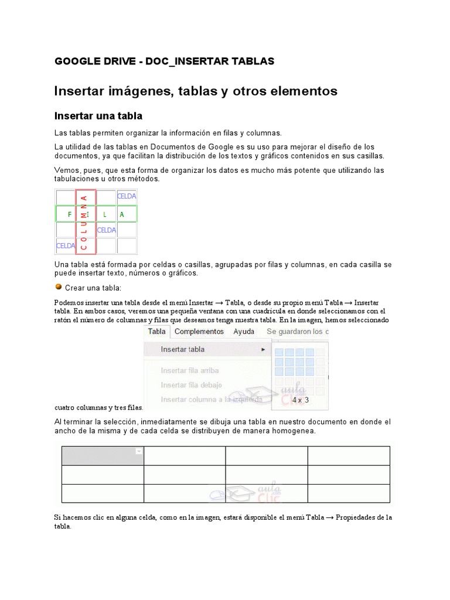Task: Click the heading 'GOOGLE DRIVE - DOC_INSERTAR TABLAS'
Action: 164,62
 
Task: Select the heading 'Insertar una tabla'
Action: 98,116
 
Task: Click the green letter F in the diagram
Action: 70,214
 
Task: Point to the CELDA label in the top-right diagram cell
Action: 127,196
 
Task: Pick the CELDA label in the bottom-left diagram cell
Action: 66,246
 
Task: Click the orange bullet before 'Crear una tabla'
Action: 58,287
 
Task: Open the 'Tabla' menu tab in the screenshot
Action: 156,332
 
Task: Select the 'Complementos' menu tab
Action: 199,332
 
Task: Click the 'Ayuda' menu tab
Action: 244,332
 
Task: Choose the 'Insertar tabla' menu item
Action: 183,349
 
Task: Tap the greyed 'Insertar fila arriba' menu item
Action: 190,370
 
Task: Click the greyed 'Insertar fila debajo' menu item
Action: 192,385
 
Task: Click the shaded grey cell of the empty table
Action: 103,455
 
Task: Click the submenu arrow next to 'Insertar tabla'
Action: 263,350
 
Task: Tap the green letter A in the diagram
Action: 122,214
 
